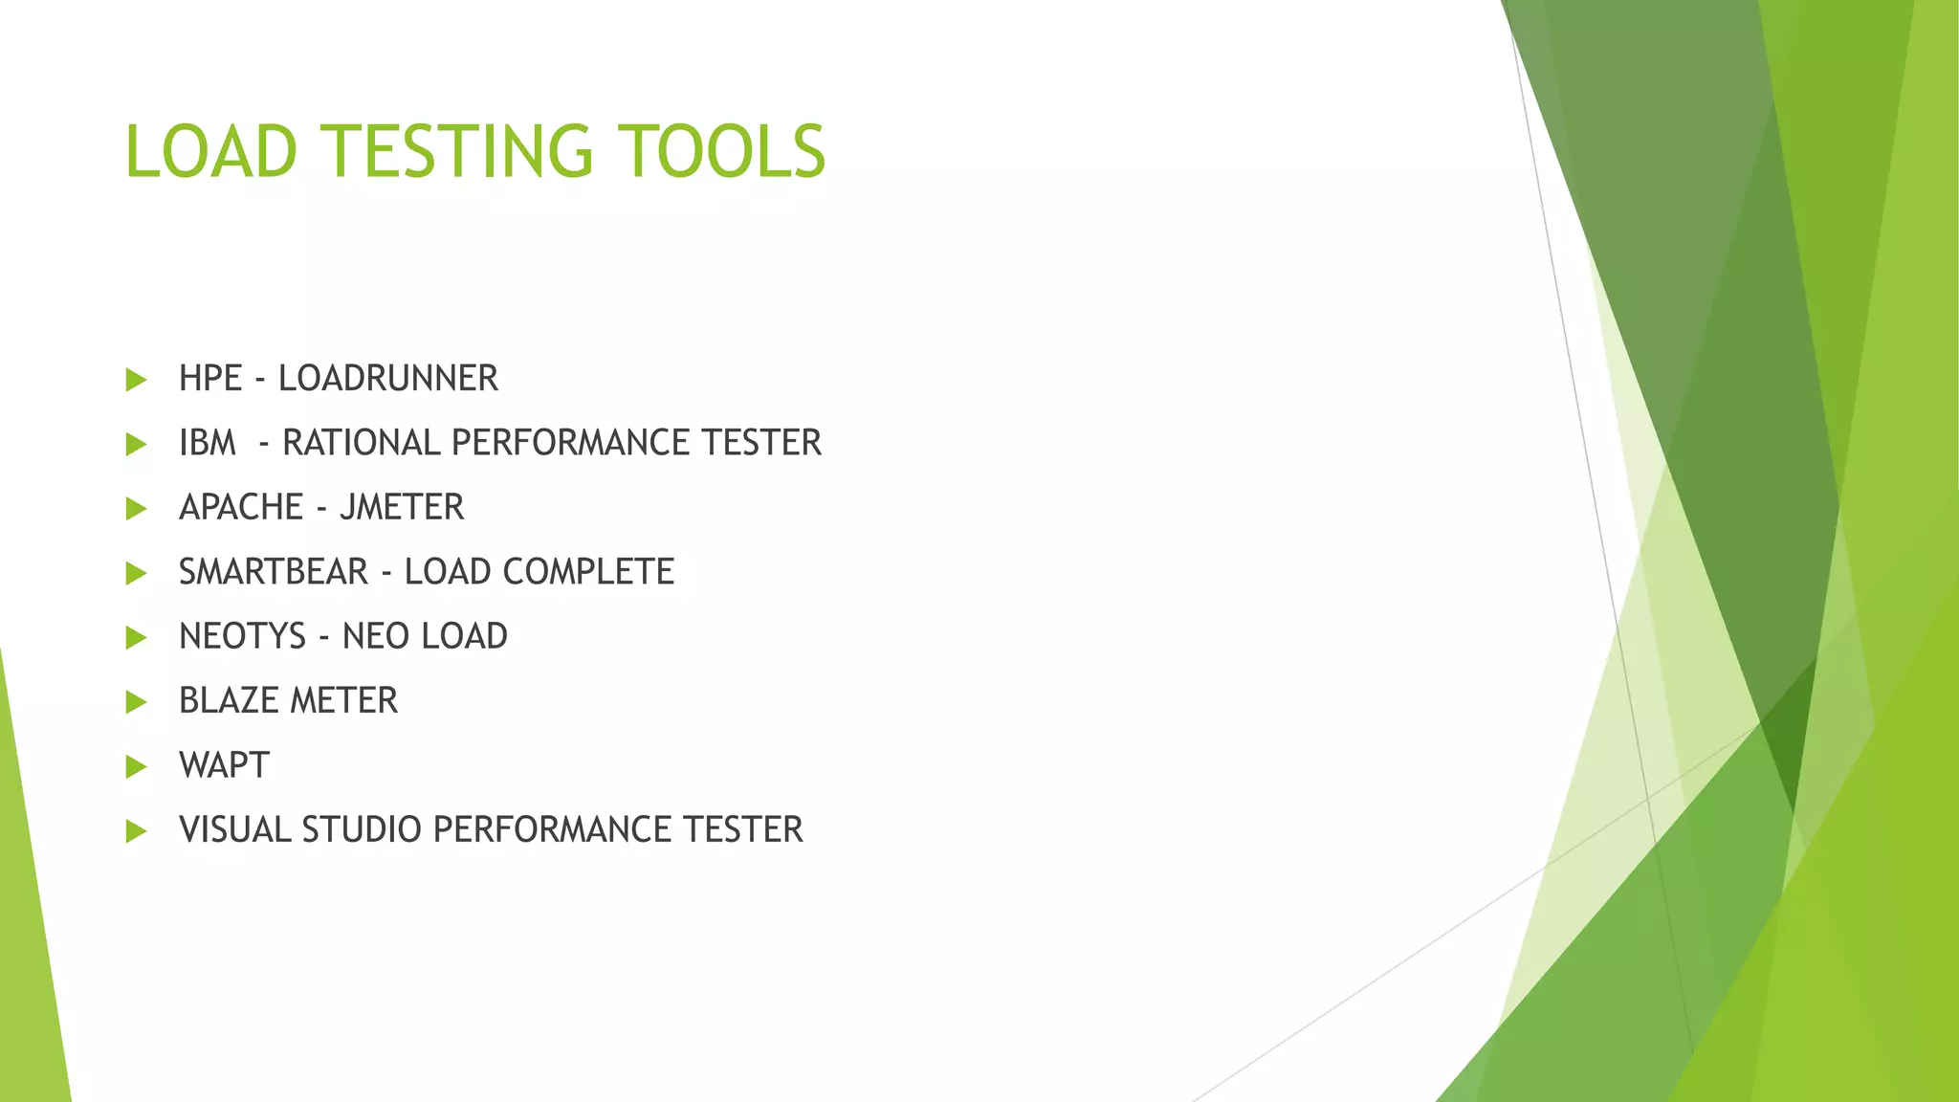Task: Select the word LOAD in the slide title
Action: [x=211, y=152]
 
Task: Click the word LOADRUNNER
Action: [x=387, y=379]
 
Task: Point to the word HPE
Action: [x=210, y=379]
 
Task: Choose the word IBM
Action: [x=207, y=443]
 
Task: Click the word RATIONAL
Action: [x=362, y=443]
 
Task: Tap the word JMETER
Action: [x=402, y=507]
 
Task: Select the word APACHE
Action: [x=241, y=507]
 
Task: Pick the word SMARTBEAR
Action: [x=274, y=572]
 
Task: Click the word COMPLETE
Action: [x=588, y=572]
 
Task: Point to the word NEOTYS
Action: [x=242, y=636]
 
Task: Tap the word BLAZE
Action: [x=228, y=701]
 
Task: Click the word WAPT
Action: [x=224, y=765]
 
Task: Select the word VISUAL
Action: [x=235, y=830]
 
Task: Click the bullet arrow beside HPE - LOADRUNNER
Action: [x=136, y=380]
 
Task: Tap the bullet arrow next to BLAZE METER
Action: [x=136, y=702]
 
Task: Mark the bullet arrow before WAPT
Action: [x=136, y=766]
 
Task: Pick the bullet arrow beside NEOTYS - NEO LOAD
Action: [x=136, y=637]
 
